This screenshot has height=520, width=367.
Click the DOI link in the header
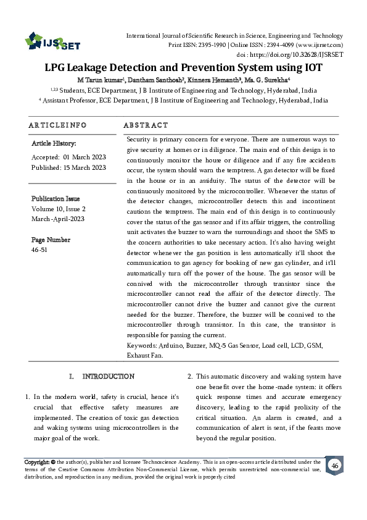click(x=307, y=54)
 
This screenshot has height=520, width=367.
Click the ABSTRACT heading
click(x=146, y=125)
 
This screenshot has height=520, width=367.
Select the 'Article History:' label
click(x=54, y=143)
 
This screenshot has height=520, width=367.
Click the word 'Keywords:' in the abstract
click(x=141, y=345)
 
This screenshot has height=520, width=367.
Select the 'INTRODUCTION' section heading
click(x=109, y=376)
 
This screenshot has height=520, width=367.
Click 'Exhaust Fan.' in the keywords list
click(x=144, y=356)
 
